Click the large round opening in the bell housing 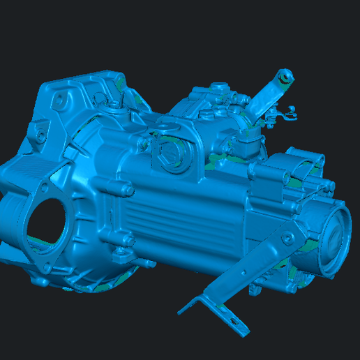47,222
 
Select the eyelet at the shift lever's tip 285,76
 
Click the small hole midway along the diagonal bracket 250,267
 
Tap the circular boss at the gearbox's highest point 222,87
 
